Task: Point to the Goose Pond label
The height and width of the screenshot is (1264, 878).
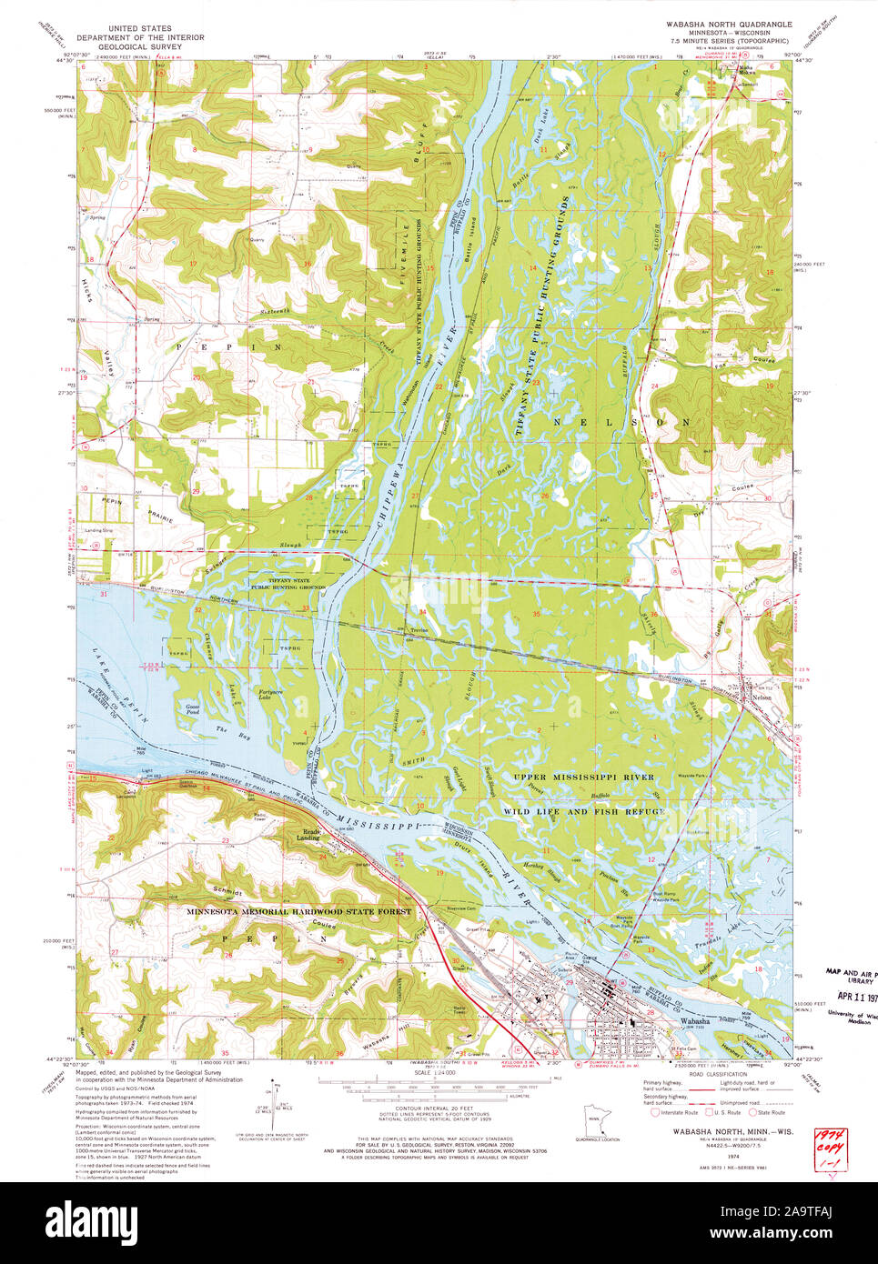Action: (192, 709)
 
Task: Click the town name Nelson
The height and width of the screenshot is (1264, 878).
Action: (762, 697)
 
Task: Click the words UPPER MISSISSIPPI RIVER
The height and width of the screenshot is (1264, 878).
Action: (582, 777)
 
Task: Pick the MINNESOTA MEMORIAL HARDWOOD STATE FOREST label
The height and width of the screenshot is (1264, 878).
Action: (299, 911)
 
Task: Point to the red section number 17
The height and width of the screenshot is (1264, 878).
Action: (193, 264)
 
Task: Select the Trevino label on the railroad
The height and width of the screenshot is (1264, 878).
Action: (419, 630)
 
